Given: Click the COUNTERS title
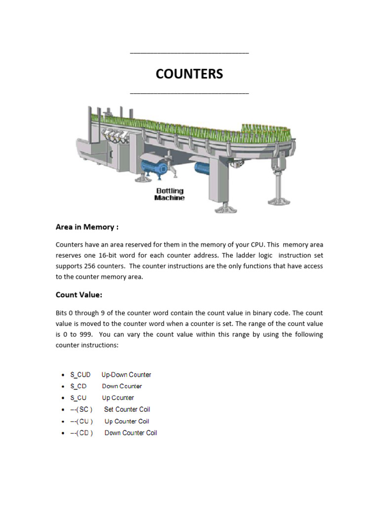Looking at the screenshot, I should tap(189, 74).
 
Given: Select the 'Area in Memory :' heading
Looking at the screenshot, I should tap(87, 227).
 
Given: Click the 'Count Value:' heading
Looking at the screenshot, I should tap(79, 295).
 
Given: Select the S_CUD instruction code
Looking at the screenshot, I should tap(80, 375).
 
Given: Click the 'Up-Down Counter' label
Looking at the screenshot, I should tap(126, 375).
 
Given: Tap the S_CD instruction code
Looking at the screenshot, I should tap(78, 386).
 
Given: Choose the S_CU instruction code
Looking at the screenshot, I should tap(78, 398).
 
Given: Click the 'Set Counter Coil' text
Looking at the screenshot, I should tap(127, 409).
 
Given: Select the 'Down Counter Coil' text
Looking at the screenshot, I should tap(131, 433).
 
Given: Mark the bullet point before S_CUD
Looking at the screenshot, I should tap(62, 375).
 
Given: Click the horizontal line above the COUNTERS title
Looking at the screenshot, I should tap(189, 53).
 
